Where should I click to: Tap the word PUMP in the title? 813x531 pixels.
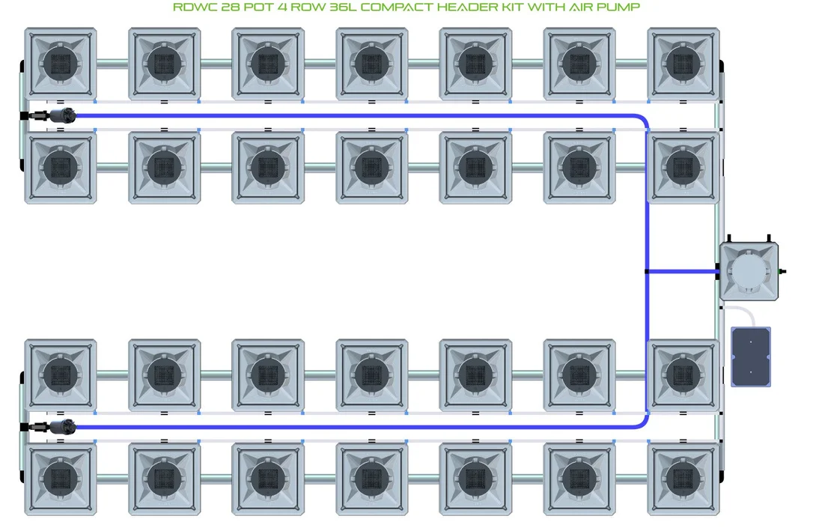point(619,7)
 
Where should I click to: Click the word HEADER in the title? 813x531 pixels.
point(469,7)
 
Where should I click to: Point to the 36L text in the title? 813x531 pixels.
point(344,7)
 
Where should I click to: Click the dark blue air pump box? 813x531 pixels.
point(751,356)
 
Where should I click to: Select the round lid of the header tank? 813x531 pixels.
point(749,270)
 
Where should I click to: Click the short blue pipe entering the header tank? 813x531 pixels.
point(682,271)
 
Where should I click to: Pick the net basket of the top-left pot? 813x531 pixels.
point(61,64)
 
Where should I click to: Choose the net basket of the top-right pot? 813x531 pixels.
point(683,64)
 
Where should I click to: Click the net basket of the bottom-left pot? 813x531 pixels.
point(61,479)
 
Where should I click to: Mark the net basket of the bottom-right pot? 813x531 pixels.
point(683,479)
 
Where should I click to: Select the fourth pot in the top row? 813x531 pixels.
point(372,64)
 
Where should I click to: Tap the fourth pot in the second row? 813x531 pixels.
point(372,168)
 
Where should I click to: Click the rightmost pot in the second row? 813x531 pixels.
point(683,168)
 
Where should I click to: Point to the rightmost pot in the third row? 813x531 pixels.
point(683,375)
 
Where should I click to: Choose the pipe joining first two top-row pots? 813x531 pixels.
point(112,64)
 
